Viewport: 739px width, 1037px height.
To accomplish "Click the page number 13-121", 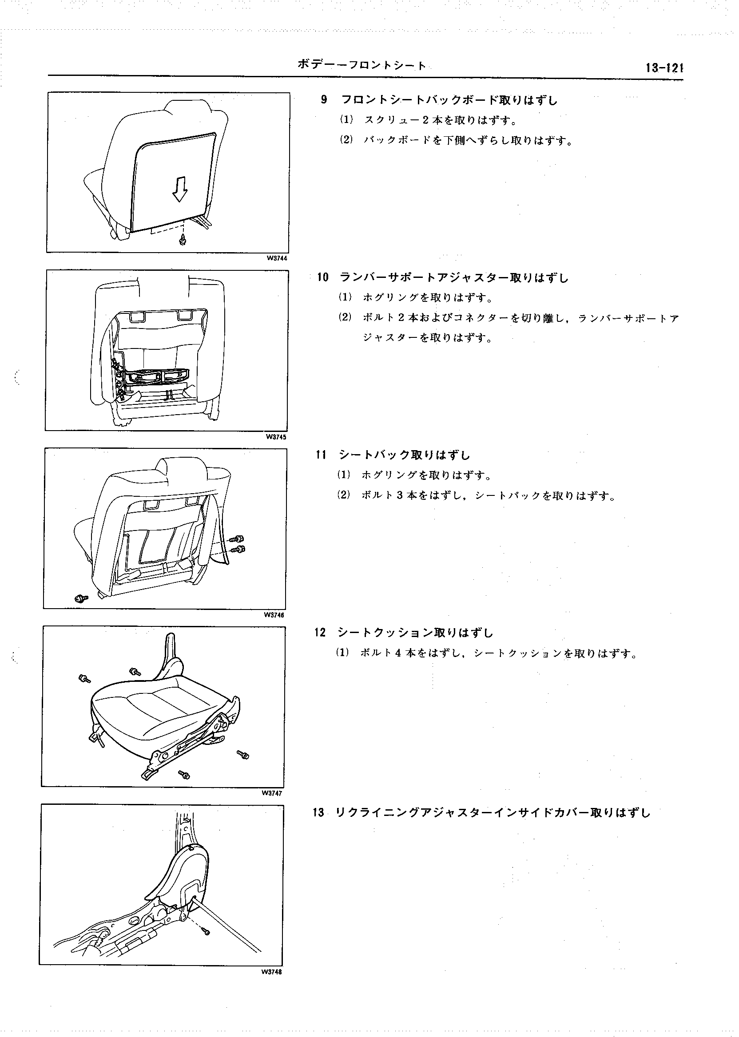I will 665,68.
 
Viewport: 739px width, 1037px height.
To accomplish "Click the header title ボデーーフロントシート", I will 362,65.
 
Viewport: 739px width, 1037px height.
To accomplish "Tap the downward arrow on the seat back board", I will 180,189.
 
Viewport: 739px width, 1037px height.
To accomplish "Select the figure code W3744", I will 274,258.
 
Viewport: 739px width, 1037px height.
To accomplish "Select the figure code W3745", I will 274,437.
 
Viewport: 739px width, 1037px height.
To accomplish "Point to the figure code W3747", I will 272,794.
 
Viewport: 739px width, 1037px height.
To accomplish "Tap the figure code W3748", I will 272,973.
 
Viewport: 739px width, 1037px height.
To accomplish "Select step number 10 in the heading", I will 322,277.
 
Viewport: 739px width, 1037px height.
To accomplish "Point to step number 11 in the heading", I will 321,455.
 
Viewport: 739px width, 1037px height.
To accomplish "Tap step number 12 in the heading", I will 320,633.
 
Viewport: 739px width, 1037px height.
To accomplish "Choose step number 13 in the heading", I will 318,813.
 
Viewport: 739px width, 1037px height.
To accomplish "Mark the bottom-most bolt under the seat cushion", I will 184,774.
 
